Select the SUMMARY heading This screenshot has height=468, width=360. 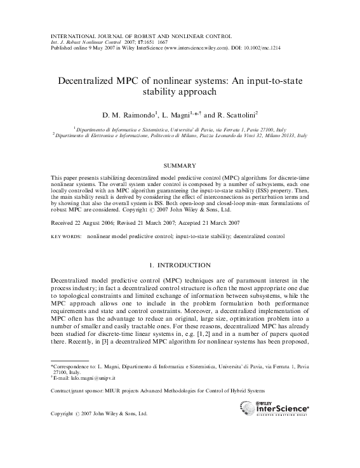click(x=180, y=165)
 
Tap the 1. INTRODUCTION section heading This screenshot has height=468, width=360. click(x=180, y=264)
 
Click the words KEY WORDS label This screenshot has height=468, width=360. click(x=66, y=236)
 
